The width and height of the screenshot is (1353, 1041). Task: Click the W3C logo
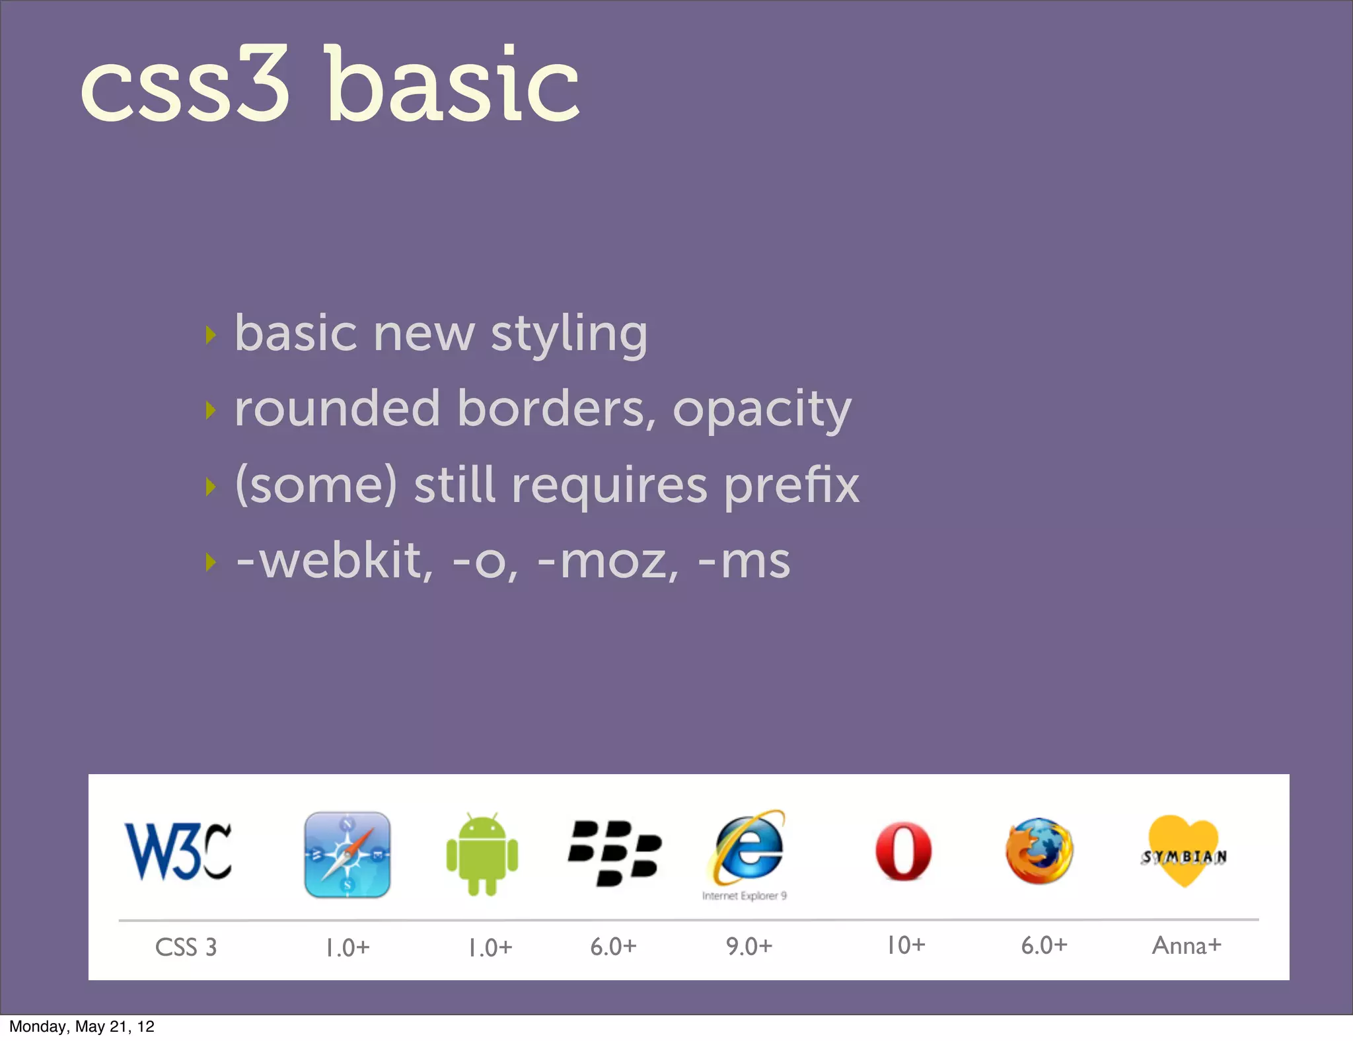click(178, 852)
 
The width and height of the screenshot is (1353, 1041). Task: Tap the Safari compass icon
click(347, 855)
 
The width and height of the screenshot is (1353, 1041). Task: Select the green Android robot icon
click(482, 853)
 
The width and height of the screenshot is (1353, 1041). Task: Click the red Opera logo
click(903, 852)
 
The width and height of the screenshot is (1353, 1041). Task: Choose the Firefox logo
click(1039, 851)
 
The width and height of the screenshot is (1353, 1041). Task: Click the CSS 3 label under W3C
click(186, 947)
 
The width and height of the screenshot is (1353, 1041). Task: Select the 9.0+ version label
click(749, 946)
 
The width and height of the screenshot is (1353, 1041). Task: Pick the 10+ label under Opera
click(906, 945)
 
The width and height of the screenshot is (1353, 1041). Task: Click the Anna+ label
click(1187, 945)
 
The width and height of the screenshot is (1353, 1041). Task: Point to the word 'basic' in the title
click(453, 86)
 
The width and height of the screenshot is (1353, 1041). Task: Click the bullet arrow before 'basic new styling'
click(211, 335)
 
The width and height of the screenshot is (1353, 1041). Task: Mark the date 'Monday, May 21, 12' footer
click(82, 1026)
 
